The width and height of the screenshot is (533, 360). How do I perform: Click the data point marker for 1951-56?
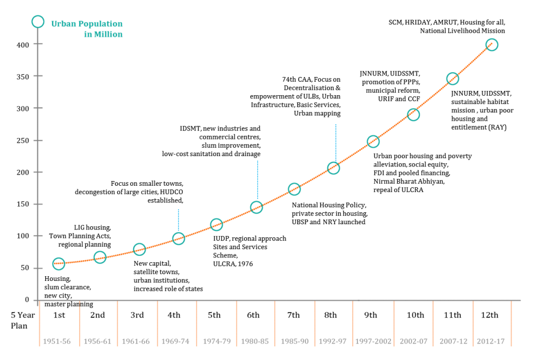(59, 264)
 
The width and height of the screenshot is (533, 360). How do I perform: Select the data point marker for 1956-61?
(100, 257)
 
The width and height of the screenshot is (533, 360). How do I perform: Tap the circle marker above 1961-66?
(139, 249)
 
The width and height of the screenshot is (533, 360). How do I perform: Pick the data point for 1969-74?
(179, 239)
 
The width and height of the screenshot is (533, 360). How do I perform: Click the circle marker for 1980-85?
(257, 208)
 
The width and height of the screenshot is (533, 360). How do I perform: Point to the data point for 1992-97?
(334, 168)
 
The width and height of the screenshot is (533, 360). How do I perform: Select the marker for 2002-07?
(413, 114)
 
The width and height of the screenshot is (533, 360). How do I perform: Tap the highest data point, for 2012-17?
(492, 45)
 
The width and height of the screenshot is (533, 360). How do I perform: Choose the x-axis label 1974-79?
(217, 342)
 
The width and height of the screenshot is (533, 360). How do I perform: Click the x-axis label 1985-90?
(295, 342)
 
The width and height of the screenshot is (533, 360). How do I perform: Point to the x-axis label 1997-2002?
(373, 342)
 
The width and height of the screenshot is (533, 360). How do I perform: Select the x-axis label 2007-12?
(453, 342)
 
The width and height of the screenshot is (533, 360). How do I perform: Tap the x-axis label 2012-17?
(491, 342)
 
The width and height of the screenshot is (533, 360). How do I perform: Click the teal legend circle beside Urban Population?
(37, 22)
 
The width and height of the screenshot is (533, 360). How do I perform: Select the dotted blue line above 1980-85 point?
(257, 179)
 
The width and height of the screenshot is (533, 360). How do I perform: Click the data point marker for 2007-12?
(452, 79)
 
